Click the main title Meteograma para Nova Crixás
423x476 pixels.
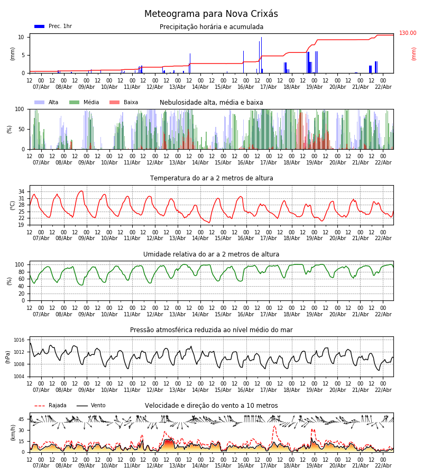tap(211, 14)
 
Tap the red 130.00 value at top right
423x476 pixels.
tap(407, 33)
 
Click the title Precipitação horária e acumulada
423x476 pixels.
tap(211, 27)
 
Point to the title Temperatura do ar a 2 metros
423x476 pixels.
tap(211, 178)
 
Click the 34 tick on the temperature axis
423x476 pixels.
tap(21, 191)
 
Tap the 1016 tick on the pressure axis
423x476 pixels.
tap(19, 340)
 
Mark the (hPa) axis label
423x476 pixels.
tap(8, 356)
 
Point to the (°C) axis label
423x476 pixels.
tap(13, 205)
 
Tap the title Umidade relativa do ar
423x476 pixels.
tap(211, 254)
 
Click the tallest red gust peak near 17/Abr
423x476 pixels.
tap(274, 426)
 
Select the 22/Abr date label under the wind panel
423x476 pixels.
tap(383, 465)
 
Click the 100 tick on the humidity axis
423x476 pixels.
tap(19, 264)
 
